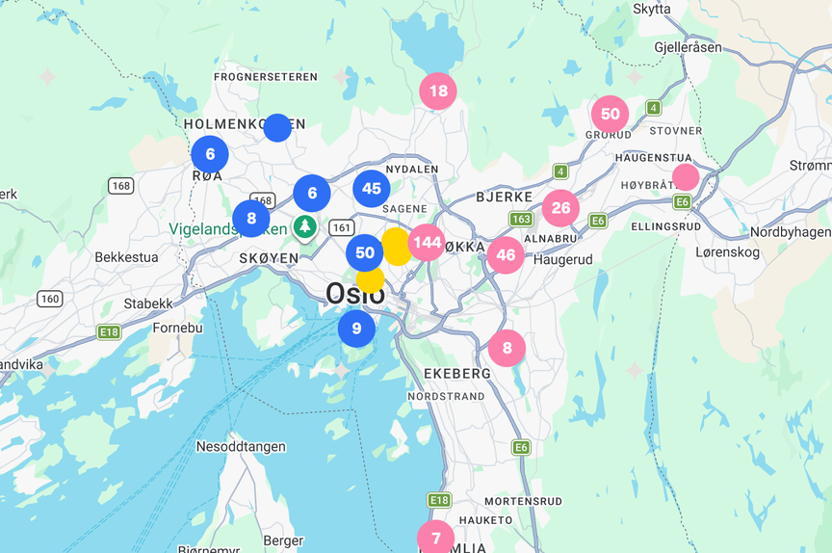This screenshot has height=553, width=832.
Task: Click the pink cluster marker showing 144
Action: coord(427,243)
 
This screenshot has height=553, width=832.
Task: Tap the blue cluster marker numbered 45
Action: coord(372,189)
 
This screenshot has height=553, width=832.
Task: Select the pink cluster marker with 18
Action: coord(438,92)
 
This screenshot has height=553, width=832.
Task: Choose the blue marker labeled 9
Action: coord(356,329)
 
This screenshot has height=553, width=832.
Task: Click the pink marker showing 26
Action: coord(560,208)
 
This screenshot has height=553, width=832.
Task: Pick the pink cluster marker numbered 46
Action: coord(506,255)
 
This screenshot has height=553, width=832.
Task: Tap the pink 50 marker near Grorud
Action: coord(610,115)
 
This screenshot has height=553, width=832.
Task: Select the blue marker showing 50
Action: coord(365,253)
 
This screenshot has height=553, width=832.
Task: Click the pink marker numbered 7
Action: coord(435,538)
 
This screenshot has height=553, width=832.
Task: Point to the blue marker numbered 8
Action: coord(251,219)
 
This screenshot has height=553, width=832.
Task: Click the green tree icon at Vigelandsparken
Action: coord(305,227)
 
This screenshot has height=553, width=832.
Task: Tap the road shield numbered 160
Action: coord(50,300)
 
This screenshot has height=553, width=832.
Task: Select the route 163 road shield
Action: coord(521,220)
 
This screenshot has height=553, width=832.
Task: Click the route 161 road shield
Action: coord(341,228)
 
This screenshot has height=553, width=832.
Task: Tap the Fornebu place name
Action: coord(178,328)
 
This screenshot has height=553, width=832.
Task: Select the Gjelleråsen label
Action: coord(687,47)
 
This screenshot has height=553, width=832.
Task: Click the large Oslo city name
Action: coord(355,294)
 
